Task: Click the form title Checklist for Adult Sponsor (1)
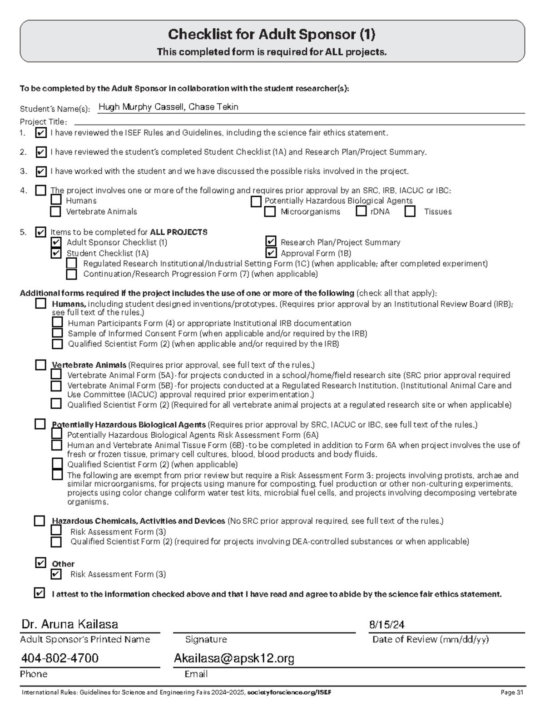pos(272,35)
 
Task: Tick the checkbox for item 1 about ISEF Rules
pos(40,133)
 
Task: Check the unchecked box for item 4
pos(40,190)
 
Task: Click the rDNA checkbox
pos(361,211)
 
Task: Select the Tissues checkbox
pos(410,211)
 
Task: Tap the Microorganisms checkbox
pos(270,211)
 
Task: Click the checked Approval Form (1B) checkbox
pos(271,253)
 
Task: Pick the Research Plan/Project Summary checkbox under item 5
pos(271,241)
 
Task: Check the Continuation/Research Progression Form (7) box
pos(71,274)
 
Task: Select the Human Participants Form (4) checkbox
pos(57,322)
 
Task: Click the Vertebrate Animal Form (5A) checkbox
pos(56,375)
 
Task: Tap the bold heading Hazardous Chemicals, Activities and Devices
pos(139,521)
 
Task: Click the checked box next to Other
pos(40,563)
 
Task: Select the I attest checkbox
pos(40,593)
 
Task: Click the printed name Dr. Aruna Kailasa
pos(69,624)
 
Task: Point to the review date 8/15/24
pos(386,625)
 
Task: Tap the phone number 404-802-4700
pos(60,658)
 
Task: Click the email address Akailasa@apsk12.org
pos(234,658)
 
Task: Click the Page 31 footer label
pos(512,692)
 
